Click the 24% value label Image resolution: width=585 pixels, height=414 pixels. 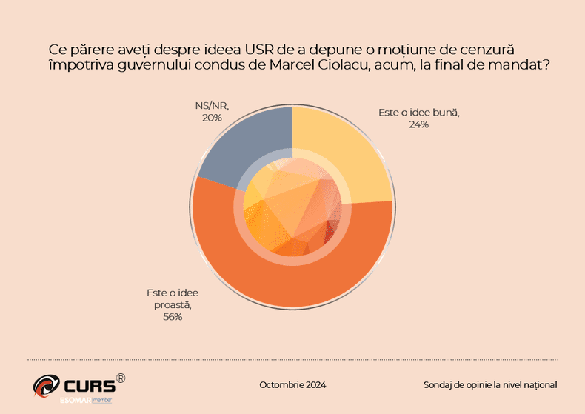[418, 124]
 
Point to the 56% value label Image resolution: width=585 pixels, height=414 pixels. [172, 317]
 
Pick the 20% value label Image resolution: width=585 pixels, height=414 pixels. [212, 117]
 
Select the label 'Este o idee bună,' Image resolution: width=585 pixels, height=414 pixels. [419, 113]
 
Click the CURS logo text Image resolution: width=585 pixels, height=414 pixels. [89, 386]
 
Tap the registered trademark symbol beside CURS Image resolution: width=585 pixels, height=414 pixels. [121, 378]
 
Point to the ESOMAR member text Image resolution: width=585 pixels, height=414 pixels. [85, 400]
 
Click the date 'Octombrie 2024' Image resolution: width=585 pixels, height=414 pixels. [292, 384]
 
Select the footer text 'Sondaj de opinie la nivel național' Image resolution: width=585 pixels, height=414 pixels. [489, 384]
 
